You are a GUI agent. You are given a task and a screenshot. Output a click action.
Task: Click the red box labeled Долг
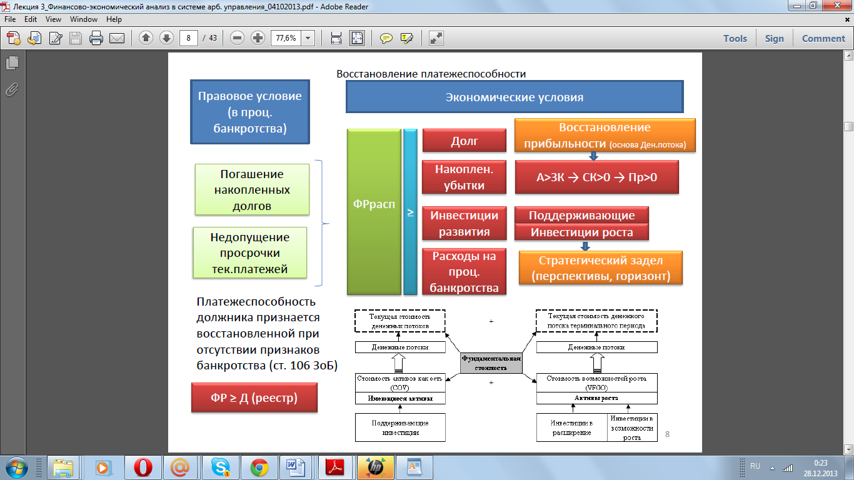coord(464,141)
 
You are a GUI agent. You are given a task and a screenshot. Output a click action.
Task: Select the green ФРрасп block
coord(374,211)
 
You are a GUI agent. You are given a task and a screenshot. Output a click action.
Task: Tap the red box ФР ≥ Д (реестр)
coord(254,398)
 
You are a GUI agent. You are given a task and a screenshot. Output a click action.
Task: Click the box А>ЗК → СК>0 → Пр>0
coord(596,177)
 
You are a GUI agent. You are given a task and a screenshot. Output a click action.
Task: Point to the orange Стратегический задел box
coord(600,267)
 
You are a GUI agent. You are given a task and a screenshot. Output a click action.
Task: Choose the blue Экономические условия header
coord(514,97)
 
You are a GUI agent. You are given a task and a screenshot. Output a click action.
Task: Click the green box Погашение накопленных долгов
coord(252,190)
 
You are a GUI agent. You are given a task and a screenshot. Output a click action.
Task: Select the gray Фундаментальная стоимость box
coord(491,363)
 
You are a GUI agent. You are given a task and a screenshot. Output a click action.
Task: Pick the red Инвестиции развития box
coord(464,224)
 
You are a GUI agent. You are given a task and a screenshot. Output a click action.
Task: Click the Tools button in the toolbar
coord(735,38)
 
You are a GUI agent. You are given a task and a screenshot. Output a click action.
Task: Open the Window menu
coord(84,19)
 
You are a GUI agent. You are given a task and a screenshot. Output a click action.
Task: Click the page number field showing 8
coord(188,38)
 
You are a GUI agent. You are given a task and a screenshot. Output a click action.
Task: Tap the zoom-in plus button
coord(258,38)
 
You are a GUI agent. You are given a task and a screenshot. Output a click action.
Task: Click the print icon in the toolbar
coord(96,38)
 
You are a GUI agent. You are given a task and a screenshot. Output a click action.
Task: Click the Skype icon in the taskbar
coord(220,467)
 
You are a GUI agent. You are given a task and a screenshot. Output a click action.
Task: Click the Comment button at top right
coord(823,38)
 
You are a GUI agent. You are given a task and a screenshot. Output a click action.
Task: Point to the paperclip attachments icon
coord(12,89)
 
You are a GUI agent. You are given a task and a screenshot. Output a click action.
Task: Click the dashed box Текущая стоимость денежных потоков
coord(399,321)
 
